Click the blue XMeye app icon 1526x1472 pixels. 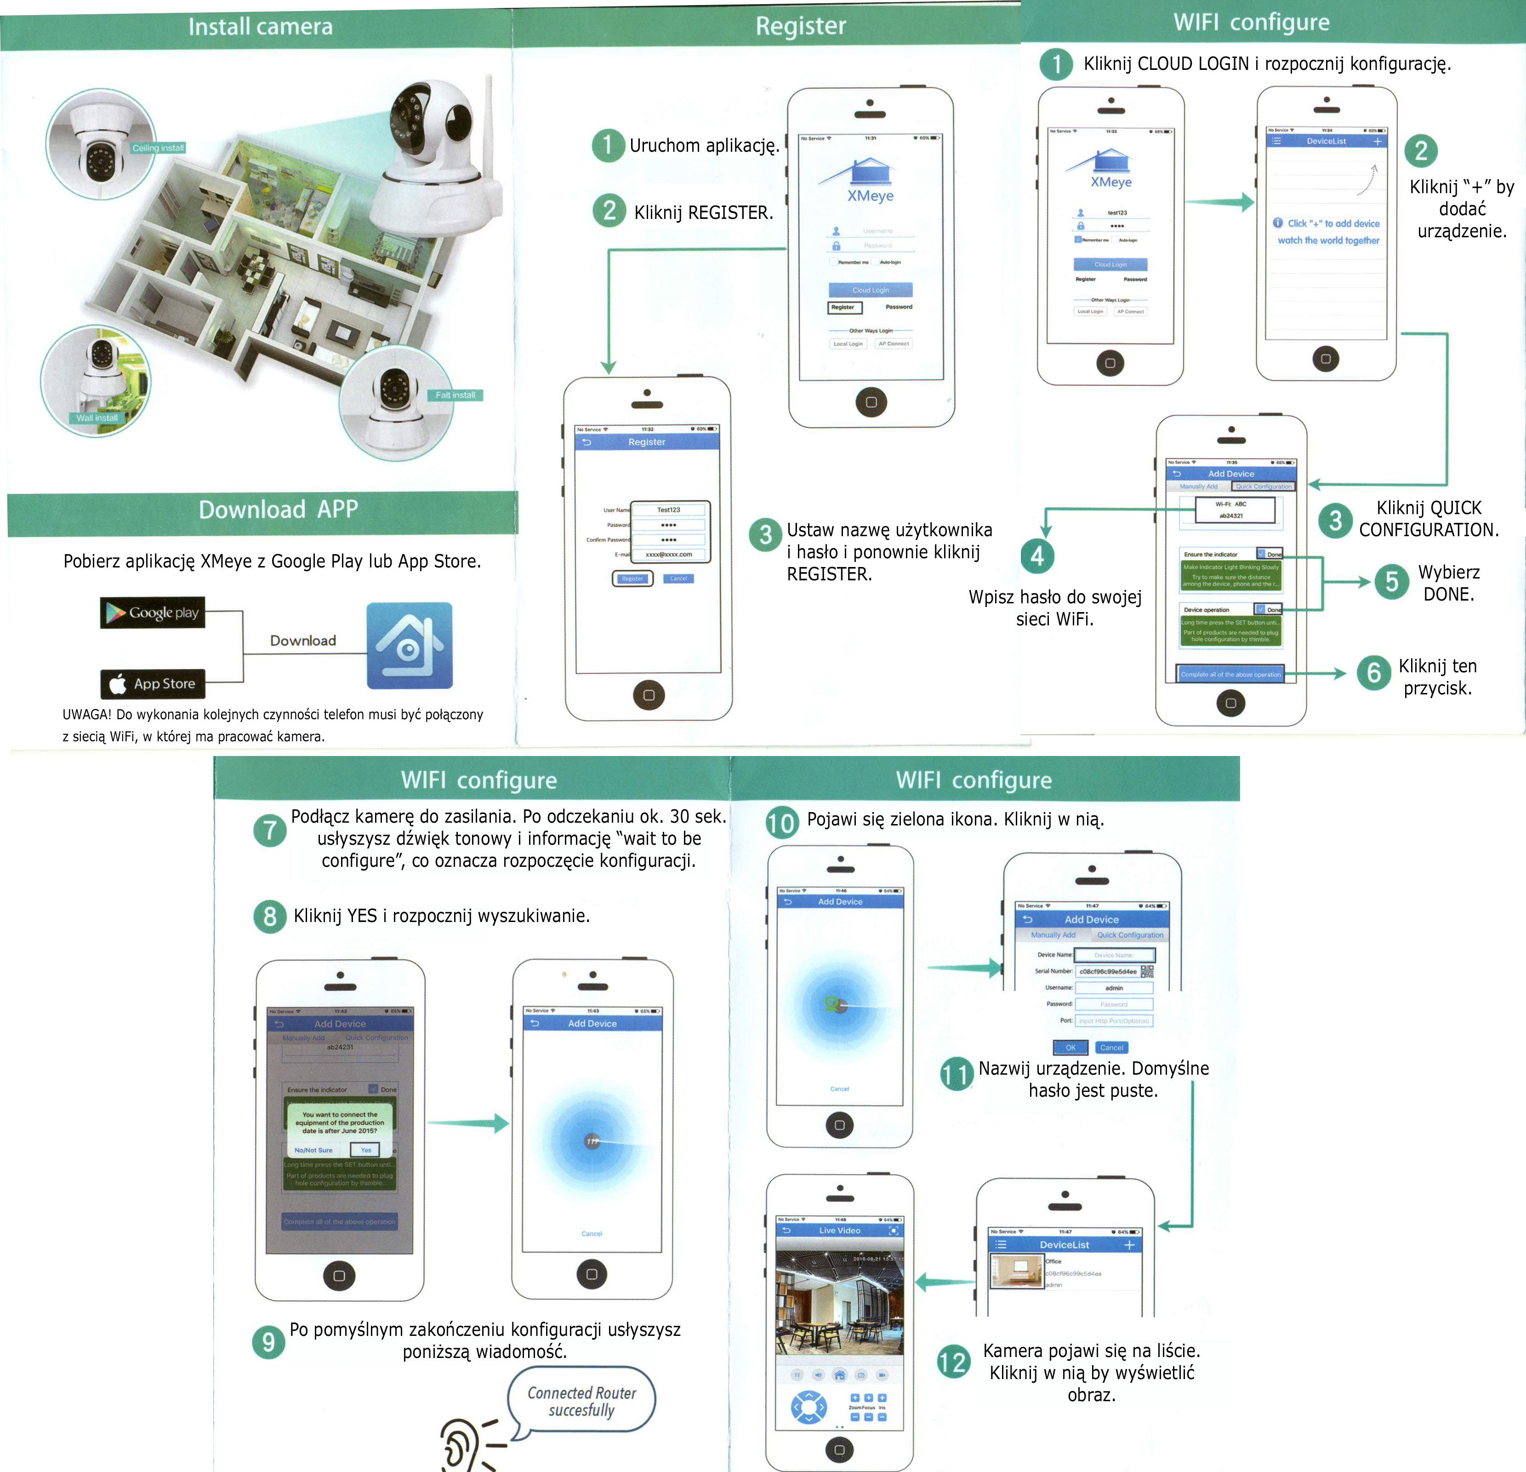coord(410,646)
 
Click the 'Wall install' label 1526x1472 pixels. coord(97,418)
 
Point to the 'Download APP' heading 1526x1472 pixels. coord(278,510)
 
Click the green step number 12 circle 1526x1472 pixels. coord(953,1362)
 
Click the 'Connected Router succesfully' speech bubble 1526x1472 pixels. coord(581,1401)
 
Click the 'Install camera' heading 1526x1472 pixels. coord(260,27)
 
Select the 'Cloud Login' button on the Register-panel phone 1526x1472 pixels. coord(871,290)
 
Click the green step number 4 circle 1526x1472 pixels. coord(1037,556)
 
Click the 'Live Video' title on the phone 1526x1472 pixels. coord(839,1231)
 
